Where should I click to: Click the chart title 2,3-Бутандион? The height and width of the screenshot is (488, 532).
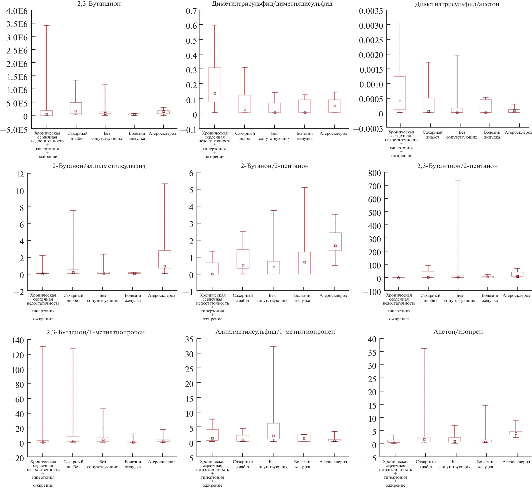[99, 4]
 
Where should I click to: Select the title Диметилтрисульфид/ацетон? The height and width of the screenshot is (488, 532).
[457, 4]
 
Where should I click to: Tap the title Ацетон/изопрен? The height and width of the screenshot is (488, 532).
[458, 332]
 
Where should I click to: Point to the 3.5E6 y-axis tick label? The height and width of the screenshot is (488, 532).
[17, 24]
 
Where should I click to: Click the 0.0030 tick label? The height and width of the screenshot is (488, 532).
[371, 26]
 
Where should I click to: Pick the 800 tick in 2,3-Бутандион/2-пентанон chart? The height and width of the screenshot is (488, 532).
[374, 173]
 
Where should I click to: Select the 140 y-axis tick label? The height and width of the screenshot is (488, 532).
[18, 340]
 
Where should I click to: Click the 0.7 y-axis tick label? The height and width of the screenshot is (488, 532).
[191, 11]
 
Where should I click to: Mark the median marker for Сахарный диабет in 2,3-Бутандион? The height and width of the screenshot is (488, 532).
[76, 111]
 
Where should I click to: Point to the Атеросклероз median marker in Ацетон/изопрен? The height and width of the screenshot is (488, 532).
[516, 434]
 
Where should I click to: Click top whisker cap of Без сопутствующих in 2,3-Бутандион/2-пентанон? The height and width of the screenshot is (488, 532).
[458, 181]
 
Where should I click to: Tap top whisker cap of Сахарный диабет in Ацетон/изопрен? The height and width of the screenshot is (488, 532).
[424, 349]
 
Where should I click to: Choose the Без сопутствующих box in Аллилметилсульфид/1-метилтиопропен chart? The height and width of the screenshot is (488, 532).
[273, 431]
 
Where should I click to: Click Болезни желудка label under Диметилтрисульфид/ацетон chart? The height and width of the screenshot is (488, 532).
[492, 135]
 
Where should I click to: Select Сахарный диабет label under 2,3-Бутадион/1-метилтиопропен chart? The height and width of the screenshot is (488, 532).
[73, 464]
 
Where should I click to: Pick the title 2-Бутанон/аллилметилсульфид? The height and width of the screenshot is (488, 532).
[99, 166]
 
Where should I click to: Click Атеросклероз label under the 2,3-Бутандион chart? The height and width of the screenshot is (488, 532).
[162, 133]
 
